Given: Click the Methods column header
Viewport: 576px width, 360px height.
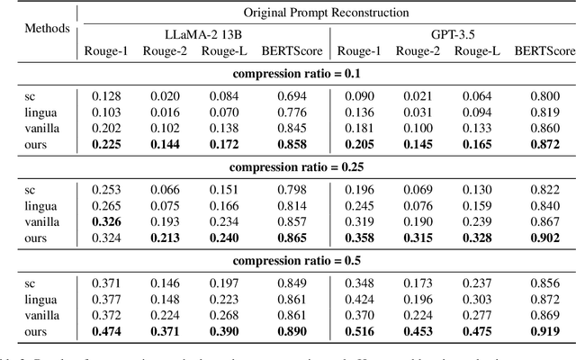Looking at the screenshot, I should [46, 29].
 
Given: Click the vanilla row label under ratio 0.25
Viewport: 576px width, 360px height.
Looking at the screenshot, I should [42, 221].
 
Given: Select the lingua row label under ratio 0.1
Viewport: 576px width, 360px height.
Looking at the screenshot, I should [40, 111].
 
